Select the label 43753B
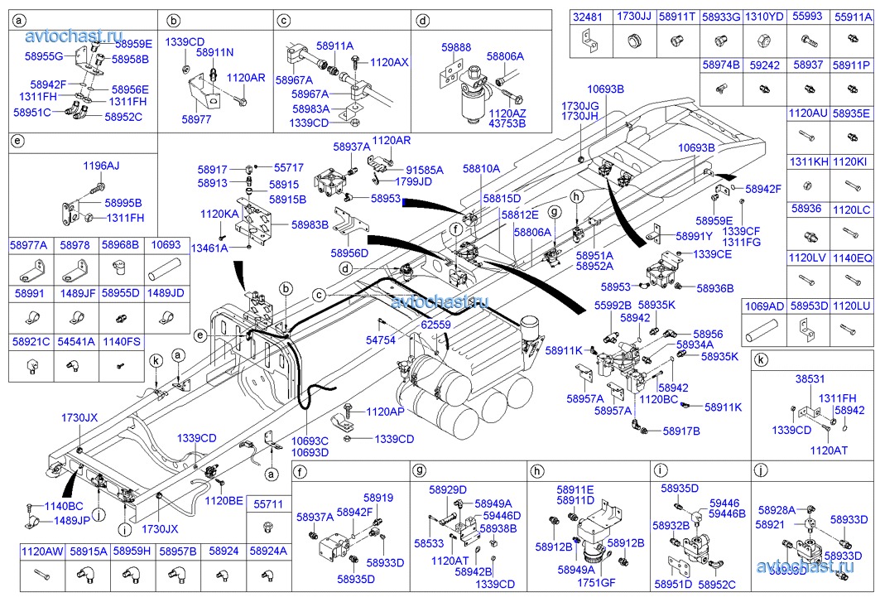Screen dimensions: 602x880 coord(507,123)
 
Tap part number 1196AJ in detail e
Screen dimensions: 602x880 coord(101,166)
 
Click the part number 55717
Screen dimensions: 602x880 coord(289,167)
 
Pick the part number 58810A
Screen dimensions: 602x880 coord(481,168)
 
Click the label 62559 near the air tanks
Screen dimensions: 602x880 coord(435,325)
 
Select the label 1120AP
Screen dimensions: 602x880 coord(386,412)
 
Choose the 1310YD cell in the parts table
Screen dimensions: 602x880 coord(763,16)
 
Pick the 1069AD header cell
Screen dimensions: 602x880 coord(762,306)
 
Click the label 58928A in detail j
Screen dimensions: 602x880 coord(776,510)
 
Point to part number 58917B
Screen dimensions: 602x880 coord(680,431)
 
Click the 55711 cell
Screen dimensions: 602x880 coord(268,503)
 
